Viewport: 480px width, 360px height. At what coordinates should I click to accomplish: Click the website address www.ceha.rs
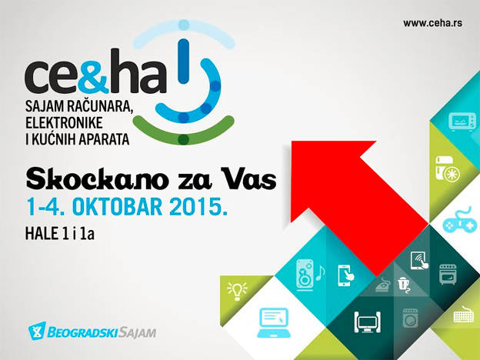pos(433,24)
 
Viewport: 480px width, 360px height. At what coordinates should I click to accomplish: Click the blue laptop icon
pos(274,317)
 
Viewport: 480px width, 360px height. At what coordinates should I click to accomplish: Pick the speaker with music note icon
pos(308,274)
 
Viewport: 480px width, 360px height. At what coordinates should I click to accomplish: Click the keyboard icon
pos(463,315)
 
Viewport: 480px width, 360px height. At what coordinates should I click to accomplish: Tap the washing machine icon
pos(408,318)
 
